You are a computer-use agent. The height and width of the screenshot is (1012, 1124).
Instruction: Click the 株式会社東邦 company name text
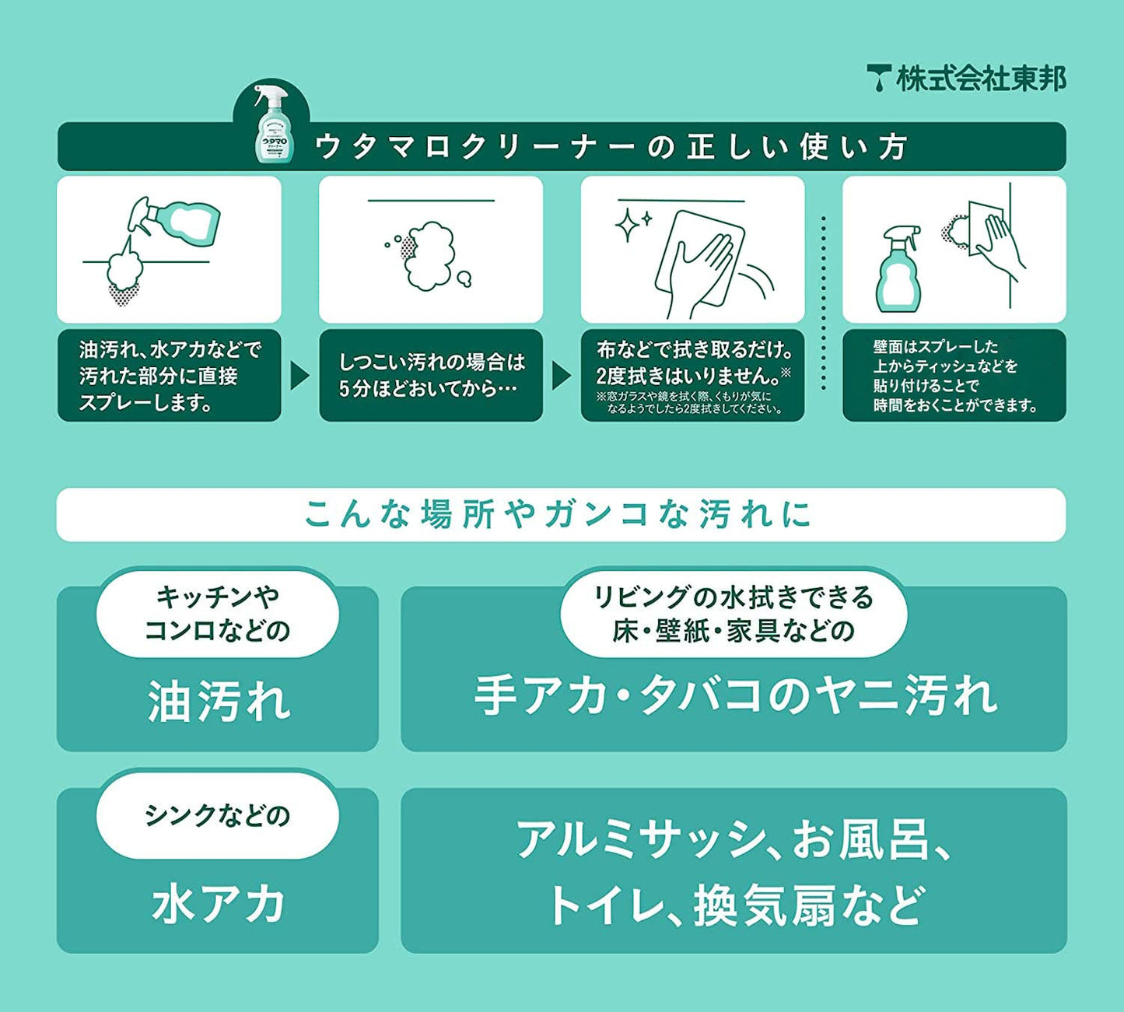click(981, 79)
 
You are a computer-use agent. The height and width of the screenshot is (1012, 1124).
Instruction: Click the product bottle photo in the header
click(271, 124)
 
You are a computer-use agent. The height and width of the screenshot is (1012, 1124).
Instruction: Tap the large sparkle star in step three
click(626, 225)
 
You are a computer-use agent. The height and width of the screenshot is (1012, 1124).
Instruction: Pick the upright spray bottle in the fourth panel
click(898, 269)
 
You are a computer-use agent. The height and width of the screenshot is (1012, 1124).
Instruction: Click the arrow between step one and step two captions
click(299, 376)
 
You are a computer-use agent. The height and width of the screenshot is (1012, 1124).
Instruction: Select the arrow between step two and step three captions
click(562, 376)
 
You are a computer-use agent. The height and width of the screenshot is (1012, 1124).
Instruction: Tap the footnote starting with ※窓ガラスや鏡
click(689, 402)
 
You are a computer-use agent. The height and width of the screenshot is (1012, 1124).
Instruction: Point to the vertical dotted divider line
click(823, 303)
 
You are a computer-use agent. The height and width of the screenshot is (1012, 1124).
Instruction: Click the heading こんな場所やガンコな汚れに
click(558, 514)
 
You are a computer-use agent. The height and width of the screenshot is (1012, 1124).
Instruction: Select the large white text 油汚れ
click(219, 701)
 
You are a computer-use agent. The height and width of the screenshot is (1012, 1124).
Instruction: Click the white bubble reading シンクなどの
click(217, 815)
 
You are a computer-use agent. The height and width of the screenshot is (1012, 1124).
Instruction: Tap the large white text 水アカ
click(217, 904)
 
